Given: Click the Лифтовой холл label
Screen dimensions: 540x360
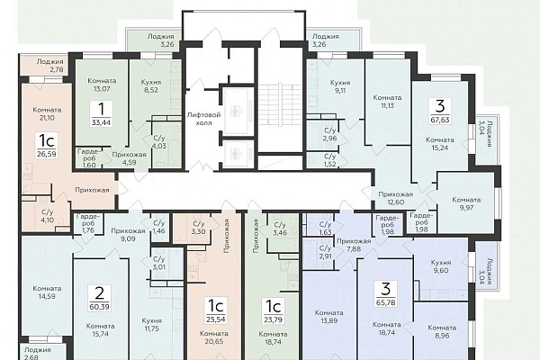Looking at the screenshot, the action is [203, 119].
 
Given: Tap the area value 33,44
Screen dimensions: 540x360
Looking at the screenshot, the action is [101, 121].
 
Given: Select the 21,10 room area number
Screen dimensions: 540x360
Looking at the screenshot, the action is [47, 118].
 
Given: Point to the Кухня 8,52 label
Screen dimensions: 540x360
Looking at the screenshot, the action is [151, 86].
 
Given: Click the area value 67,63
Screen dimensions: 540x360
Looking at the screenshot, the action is [440, 120].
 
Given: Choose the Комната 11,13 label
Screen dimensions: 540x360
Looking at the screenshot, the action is [387, 102].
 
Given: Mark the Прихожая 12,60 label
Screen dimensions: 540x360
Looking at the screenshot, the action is [395, 198].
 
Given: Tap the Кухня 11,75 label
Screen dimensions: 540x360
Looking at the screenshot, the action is [151, 325].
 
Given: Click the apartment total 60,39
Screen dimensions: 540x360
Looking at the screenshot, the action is [99, 306].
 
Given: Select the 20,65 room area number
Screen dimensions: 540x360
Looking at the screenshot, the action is [214, 341].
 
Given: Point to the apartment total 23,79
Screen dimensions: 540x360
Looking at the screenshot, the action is [273, 319].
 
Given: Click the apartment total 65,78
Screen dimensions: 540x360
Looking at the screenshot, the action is [386, 302].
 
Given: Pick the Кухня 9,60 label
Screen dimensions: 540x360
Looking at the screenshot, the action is [441, 266].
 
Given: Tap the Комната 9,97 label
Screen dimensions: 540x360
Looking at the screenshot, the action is [466, 203].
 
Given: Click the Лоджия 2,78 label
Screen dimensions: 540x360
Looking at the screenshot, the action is [49, 66].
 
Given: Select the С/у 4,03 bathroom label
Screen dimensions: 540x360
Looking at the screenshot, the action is [159, 142].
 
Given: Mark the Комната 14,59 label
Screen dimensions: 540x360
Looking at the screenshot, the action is [47, 292].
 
